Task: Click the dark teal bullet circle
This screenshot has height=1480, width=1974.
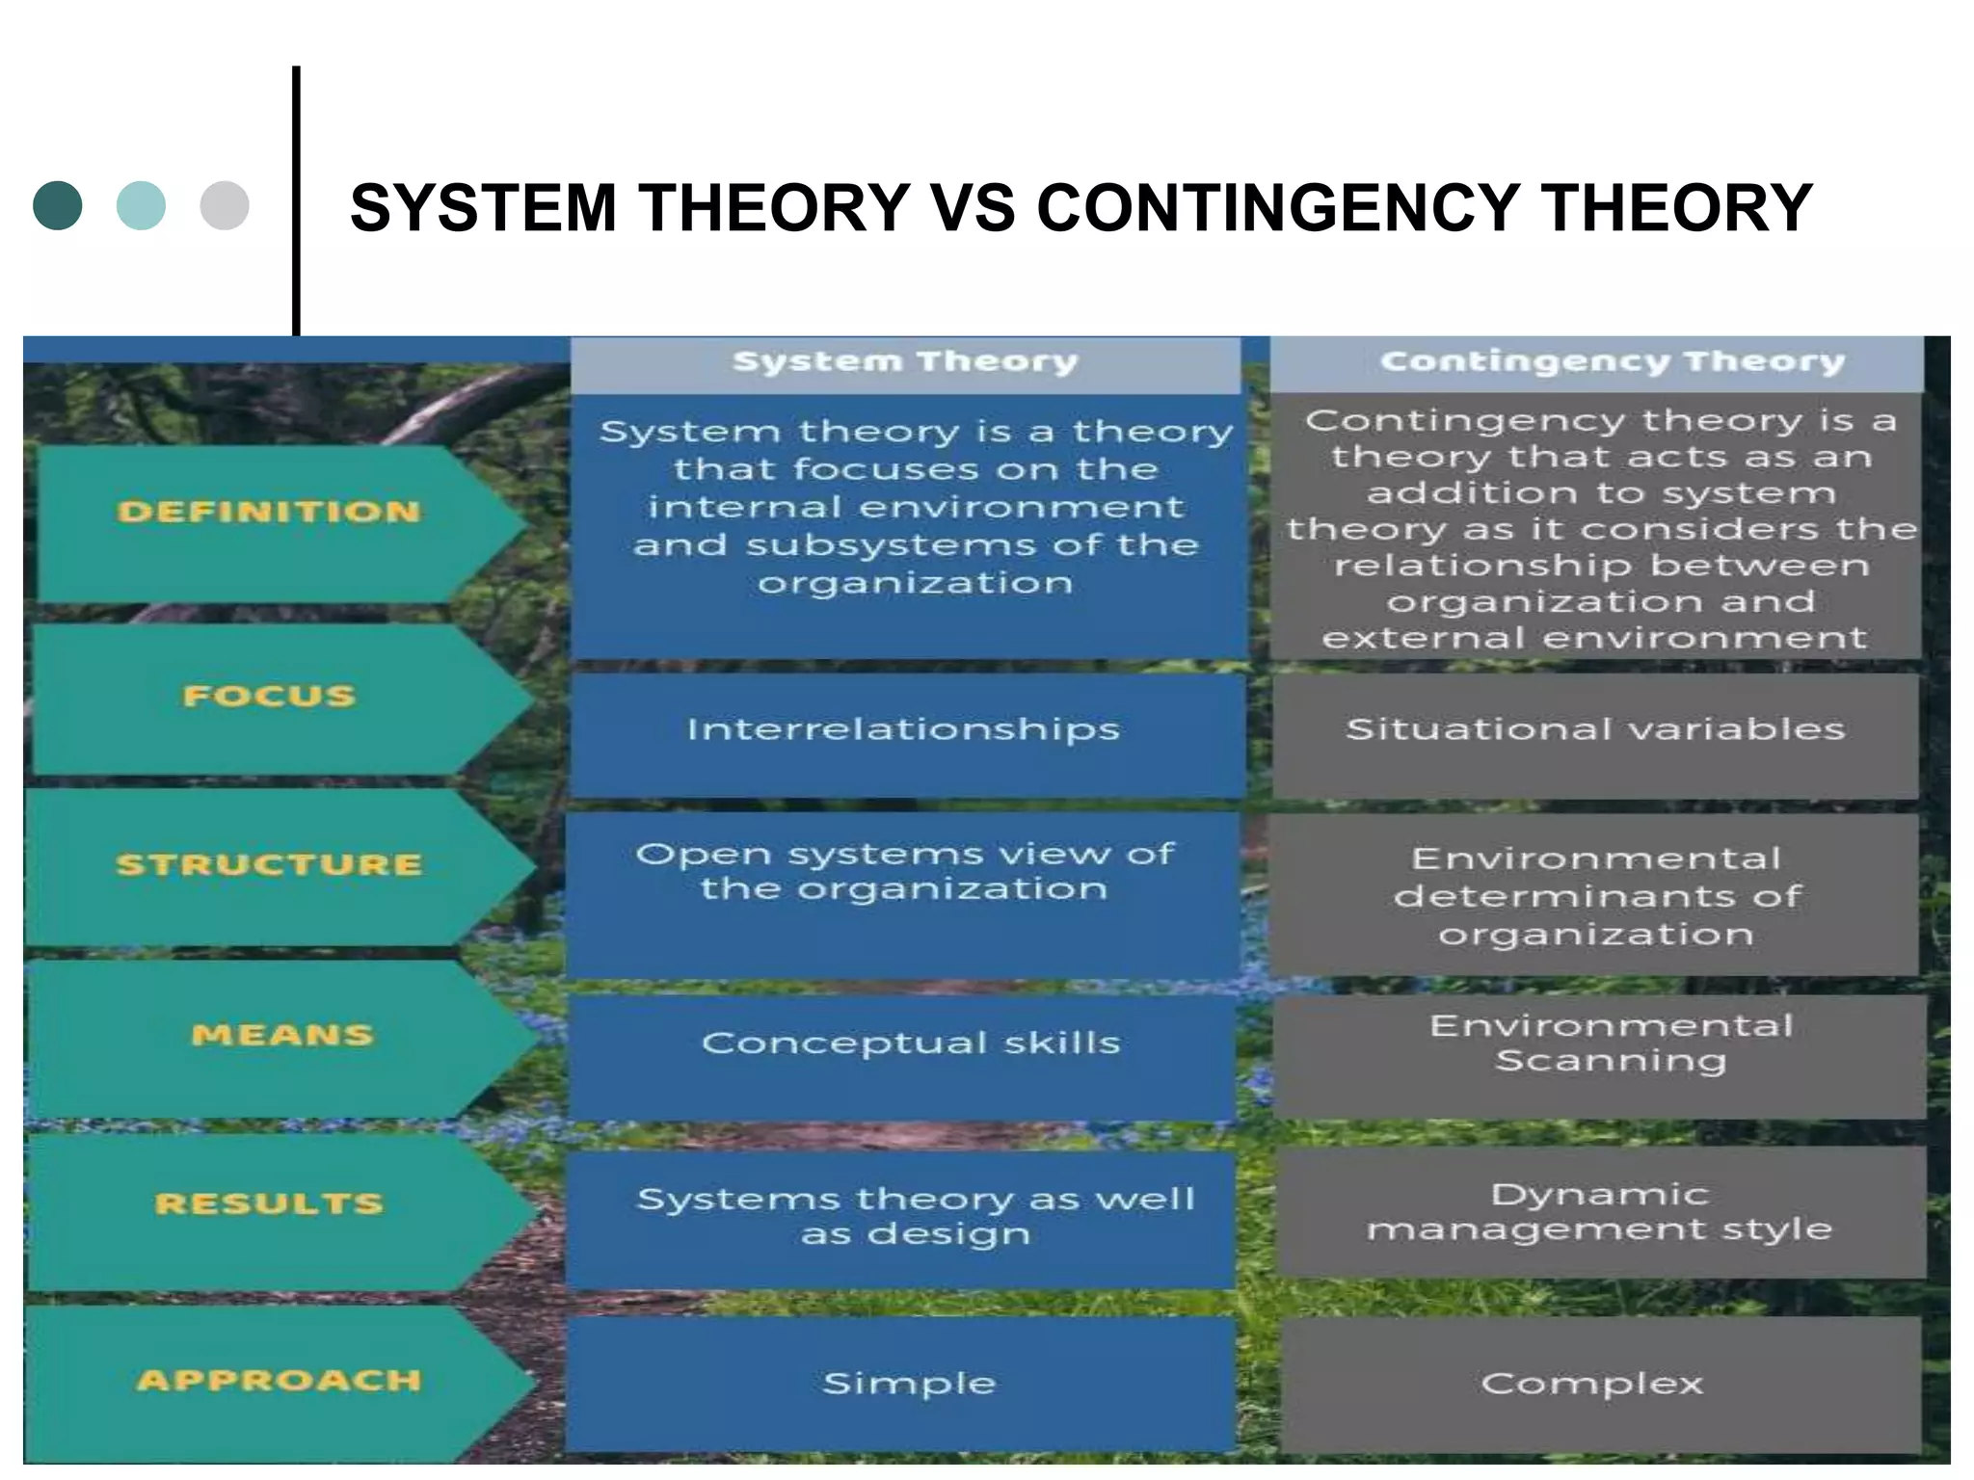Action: click(58, 205)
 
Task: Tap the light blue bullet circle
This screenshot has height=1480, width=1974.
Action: click(141, 205)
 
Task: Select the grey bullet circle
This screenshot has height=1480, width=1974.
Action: click(225, 205)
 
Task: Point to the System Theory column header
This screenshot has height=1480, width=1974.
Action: click(905, 362)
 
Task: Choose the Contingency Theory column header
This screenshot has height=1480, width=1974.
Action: click(1612, 362)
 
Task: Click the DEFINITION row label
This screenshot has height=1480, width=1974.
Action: click(269, 512)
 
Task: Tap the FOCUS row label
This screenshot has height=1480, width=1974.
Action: click(269, 696)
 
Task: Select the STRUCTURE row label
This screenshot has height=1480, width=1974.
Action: click(269, 864)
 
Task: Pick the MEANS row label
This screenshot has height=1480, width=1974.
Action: click(281, 1035)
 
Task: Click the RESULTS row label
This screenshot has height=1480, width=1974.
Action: click(269, 1203)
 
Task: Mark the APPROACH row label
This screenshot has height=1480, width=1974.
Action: click(279, 1380)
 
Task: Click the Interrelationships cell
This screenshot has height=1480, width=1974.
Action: click(903, 729)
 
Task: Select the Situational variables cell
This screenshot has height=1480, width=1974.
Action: click(1595, 729)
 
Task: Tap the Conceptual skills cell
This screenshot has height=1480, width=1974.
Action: click(910, 1043)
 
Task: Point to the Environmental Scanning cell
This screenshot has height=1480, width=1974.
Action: click(1610, 1043)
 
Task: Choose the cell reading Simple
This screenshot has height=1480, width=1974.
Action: click(908, 1384)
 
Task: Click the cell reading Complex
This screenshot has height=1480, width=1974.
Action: click(1592, 1384)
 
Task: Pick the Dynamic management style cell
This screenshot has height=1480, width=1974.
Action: click(1599, 1211)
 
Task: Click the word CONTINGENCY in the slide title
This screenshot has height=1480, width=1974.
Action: click(1277, 208)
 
